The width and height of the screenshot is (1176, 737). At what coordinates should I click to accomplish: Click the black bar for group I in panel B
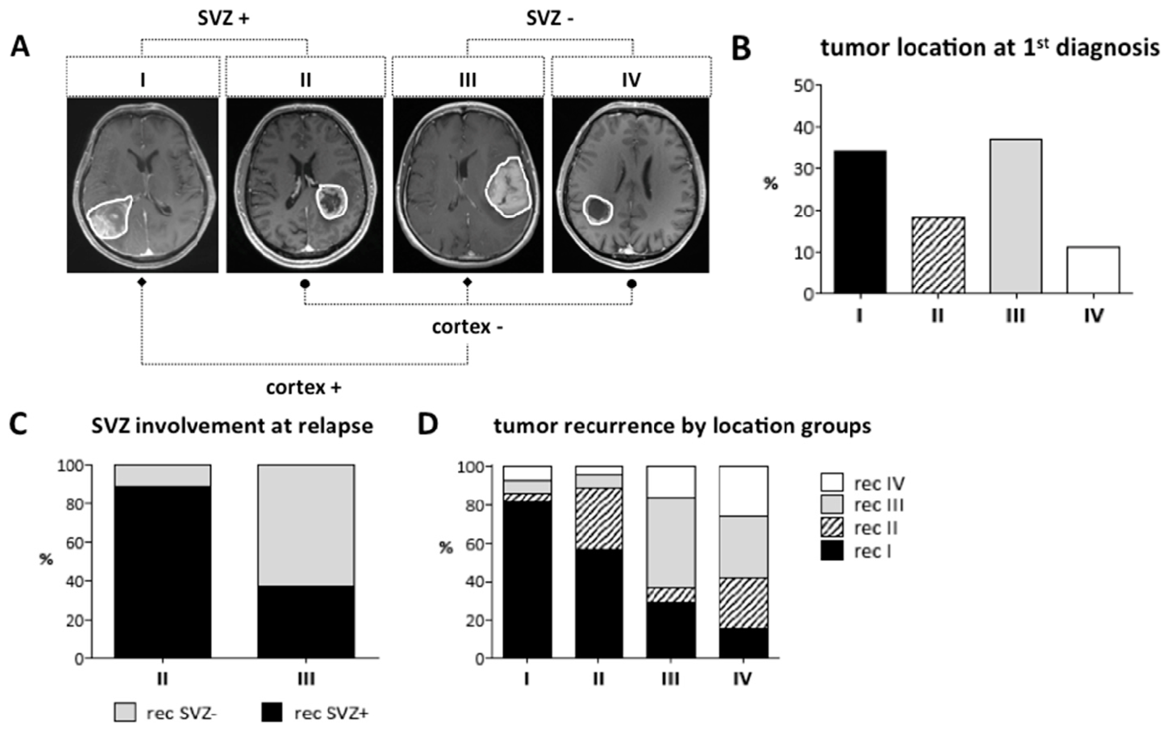(860, 222)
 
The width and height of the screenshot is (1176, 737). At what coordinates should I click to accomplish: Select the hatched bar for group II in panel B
(938, 255)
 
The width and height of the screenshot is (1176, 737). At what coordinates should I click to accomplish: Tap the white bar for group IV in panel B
(1093, 270)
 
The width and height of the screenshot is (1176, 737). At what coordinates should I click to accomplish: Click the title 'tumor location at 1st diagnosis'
(989, 48)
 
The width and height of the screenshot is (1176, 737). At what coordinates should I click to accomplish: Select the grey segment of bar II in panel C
(162, 475)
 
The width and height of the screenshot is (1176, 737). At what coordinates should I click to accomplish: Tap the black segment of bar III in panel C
(306, 621)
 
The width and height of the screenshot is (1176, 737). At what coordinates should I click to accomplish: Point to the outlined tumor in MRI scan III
(508, 187)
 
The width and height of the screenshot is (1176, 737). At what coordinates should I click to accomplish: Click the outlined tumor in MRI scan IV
(597, 210)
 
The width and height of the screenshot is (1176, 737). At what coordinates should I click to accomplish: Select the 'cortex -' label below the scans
(468, 327)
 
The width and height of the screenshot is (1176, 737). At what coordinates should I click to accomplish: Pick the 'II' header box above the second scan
(305, 79)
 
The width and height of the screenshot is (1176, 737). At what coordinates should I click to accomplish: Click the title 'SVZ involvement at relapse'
(232, 426)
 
